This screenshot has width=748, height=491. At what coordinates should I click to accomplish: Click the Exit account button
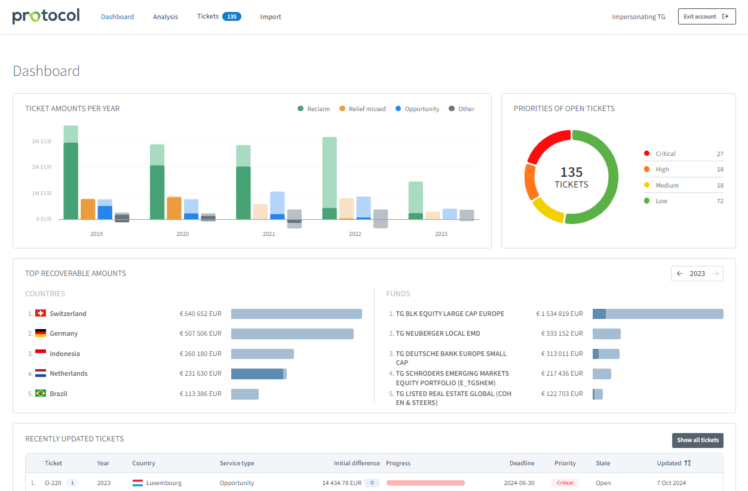(x=706, y=17)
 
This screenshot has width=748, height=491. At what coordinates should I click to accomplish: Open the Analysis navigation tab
(x=165, y=17)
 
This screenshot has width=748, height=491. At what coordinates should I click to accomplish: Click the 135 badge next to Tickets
(x=231, y=17)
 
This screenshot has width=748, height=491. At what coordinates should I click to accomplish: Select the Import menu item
(x=271, y=17)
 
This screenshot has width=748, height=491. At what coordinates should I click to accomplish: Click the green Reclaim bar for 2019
(x=71, y=179)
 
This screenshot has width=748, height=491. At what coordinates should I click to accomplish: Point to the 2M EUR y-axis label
(x=41, y=167)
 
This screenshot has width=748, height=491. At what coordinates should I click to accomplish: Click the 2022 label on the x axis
(x=355, y=234)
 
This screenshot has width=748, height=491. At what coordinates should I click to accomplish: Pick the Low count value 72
(x=720, y=201)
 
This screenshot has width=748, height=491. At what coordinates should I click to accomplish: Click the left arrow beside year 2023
(x=680, y=274)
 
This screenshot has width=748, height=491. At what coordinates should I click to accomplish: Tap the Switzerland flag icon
(x=41, y=314)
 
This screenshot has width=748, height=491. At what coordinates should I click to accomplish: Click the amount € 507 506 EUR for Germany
(x=200, y=334)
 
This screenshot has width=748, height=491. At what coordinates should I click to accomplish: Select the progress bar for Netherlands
(x=259, y=374)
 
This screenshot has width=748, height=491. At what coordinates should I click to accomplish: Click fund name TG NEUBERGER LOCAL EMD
(x=438, y=334)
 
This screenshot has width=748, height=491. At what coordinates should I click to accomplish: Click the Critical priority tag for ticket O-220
(x=565, y=483)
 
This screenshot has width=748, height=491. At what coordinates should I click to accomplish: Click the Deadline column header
(x=522, y=463)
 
